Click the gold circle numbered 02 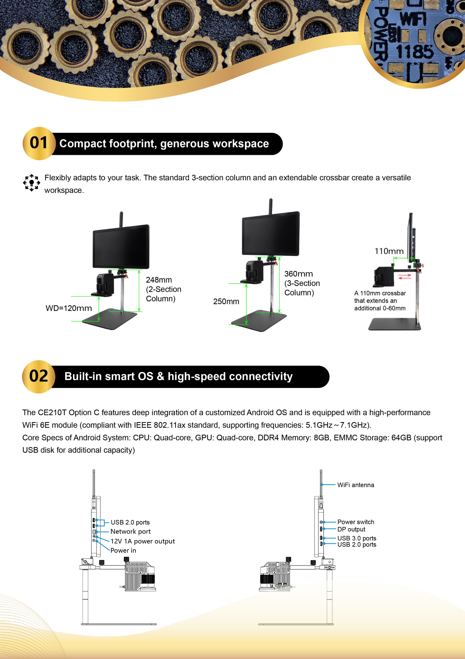(x=39, y=376)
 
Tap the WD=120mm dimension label (x=69, y=308)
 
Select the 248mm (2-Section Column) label (x=163, y=289)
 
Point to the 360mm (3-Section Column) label (x=302, y=283)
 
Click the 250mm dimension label (x=226, y=301)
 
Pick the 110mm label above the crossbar (x=389, y=251)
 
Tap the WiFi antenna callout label (x=355, y=485)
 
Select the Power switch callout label (x=355, y=522)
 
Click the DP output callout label (x=351, y=529)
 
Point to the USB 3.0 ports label (x=357, y=538)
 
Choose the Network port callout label (x=130, y=532)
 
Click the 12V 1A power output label (x=143, y=541)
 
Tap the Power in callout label (x=123, y=550)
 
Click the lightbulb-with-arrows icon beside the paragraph (x=32, y=183)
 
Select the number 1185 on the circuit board (x=414, y=52)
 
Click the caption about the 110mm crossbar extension (x=380, y=300)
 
